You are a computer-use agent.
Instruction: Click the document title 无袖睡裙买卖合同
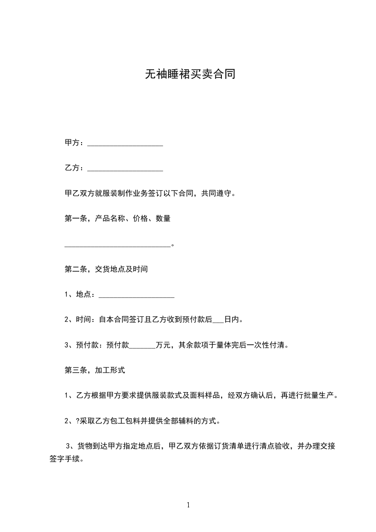(x=190, y=74)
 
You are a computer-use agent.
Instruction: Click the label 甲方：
(x=74, y=143)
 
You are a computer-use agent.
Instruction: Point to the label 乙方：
(x=74, y=168)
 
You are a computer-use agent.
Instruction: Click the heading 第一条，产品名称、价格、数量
(x=117, y=219)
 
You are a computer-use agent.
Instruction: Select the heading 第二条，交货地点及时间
(x=106, y=269)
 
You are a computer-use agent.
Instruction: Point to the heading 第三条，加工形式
(x=94, y=370)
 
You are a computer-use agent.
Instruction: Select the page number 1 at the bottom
(x=188, y=505)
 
